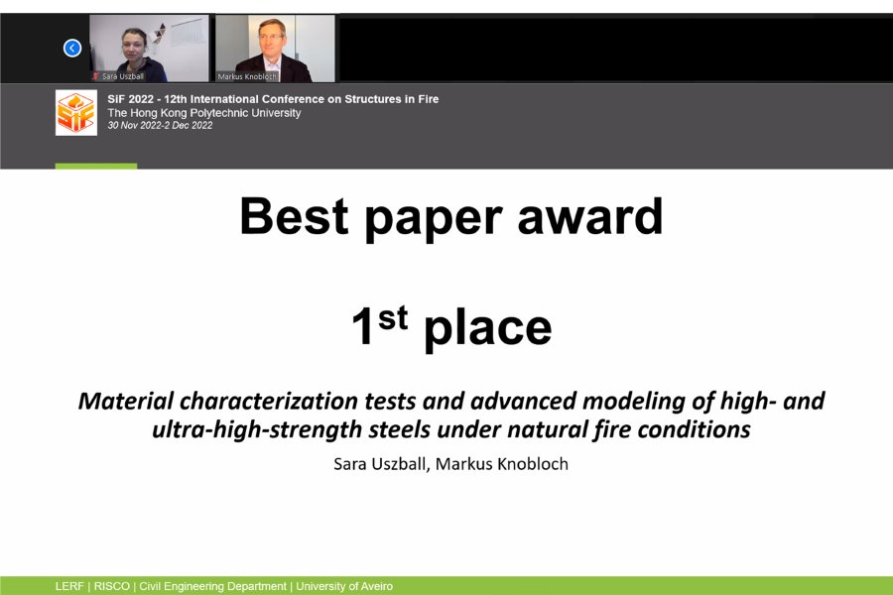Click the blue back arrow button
pyautogui.click(x=72, y=48)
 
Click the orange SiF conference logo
pyautogui.click(x=76, y=113)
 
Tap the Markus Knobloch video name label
pyautogui.click(x=247, y=76)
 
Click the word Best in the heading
pyautogui.click(x=294, y=216)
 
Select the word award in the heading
pyautogui.click(x=590, y=216)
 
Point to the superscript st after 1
pyautogui.click(x=393, y=317)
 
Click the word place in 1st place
pyautogui.click(x=488, y=328)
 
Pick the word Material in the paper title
pyautogui.click(x=125, y=401)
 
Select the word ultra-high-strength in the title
pyautogui.click(x=257, y=429)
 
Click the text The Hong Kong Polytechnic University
pyautogui.click(x=203, y=113)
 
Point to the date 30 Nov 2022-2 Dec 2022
pyautogui.click(x=160, y=125)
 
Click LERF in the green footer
pyautogui.click(x=69, y=586)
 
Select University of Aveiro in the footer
pyautogui.click(x=344, y=586)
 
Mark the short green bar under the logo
pyautogui.click(x=96, y=167)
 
